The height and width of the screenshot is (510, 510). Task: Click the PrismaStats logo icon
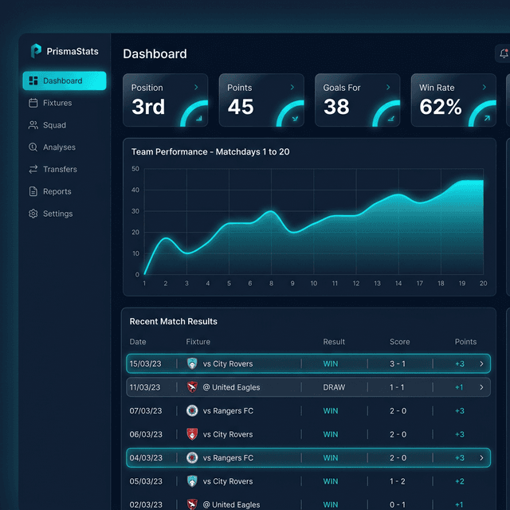36,51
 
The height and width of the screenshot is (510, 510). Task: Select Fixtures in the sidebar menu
57,103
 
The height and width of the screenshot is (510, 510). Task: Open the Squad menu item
54,125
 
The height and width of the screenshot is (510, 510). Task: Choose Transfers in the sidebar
60,169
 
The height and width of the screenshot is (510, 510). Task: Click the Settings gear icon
33,214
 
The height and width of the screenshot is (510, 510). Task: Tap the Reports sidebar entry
57,191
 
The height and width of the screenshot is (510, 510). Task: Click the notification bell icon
504,53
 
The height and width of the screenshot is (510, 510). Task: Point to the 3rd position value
148,107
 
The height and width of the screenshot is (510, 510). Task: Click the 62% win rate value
441,107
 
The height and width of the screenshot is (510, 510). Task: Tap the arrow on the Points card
292,88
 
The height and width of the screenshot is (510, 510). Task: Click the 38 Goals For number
336,107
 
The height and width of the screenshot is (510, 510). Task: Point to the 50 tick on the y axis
135,169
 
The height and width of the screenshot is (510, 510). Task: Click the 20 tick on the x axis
483,284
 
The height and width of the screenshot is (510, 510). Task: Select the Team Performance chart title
210,151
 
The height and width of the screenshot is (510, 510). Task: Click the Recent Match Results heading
173,321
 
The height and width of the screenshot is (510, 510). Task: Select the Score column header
399,342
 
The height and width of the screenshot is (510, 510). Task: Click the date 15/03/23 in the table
145,364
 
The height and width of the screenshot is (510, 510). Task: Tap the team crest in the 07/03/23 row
192,411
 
